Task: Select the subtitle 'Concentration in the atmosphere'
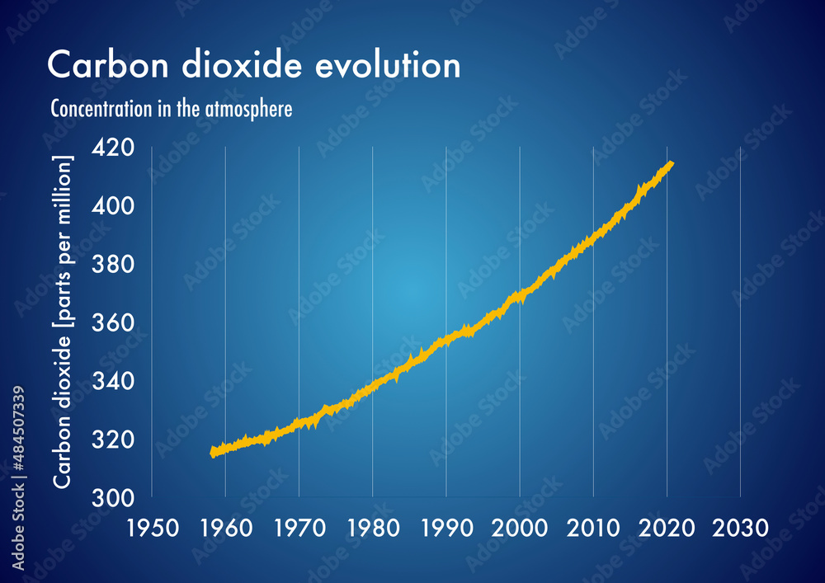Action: (x=172, y=109)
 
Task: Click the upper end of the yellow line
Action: (x=672, y=163)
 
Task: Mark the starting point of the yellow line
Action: (x=213, y=452)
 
